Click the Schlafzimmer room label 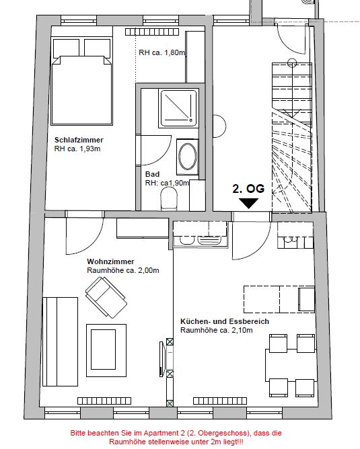(x=79, y=140)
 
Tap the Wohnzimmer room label (x=110, y=261)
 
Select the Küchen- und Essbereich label (x=225, y=321)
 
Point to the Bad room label (x=153, y=174)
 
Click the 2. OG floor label (x=248, y=189)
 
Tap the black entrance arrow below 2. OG (x=248, y=203)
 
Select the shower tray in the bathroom (x=179, y=108)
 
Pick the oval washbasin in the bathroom (x=188, y=157)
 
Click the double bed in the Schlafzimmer (x=81, y=81)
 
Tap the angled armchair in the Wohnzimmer (x=106, y=298)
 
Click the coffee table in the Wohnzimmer (x=106, y=350)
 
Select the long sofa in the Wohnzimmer (x=60, y=341)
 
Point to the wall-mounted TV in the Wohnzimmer (x=163, y=358)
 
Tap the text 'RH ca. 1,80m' (x=162, y=52)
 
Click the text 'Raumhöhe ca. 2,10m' (x=217, y=330)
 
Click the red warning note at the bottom (x=176, y=437)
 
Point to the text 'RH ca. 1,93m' (x=77, y=149)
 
